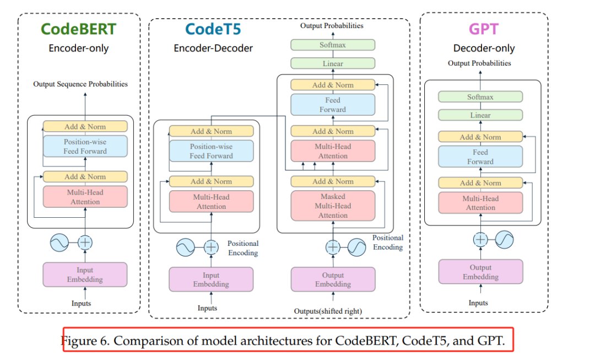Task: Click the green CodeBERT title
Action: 78,29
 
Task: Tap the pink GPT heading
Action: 484,29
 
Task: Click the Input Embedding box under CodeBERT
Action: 85,275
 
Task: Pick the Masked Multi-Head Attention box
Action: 333,206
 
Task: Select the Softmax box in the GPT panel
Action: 480,97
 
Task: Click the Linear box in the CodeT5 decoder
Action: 333,63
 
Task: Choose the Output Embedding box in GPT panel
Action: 480,272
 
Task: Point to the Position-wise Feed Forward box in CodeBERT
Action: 85,146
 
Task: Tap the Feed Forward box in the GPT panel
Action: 480,157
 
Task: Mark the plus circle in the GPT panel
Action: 481,239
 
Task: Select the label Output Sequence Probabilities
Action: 80,84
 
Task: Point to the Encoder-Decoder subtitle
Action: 213,48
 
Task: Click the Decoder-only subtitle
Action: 484,48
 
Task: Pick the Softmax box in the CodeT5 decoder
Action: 333,45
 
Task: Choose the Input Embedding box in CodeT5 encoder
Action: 211,280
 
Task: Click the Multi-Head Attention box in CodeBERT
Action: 85,197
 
